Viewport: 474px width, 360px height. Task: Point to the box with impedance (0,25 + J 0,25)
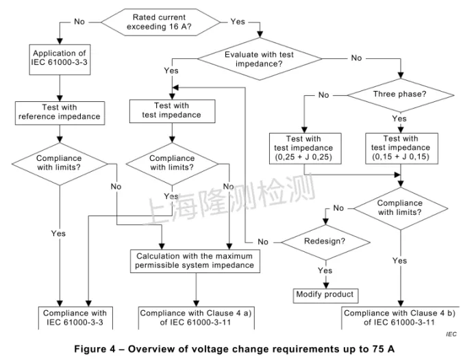click(303, 147)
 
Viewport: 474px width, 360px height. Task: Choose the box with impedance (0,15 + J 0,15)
click(401, 147)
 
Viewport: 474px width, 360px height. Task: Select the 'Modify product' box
click(325, 294)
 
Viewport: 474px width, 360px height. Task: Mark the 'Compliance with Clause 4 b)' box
click(400, 318)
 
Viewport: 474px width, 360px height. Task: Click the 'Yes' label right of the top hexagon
click(238, 22)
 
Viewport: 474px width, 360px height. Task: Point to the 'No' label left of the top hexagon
click(79, 22)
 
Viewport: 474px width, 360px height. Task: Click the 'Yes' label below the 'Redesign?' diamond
click(324, 270)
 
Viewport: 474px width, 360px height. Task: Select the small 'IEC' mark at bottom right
click(450, 333)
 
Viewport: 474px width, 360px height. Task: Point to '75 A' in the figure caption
click(381, 348)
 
